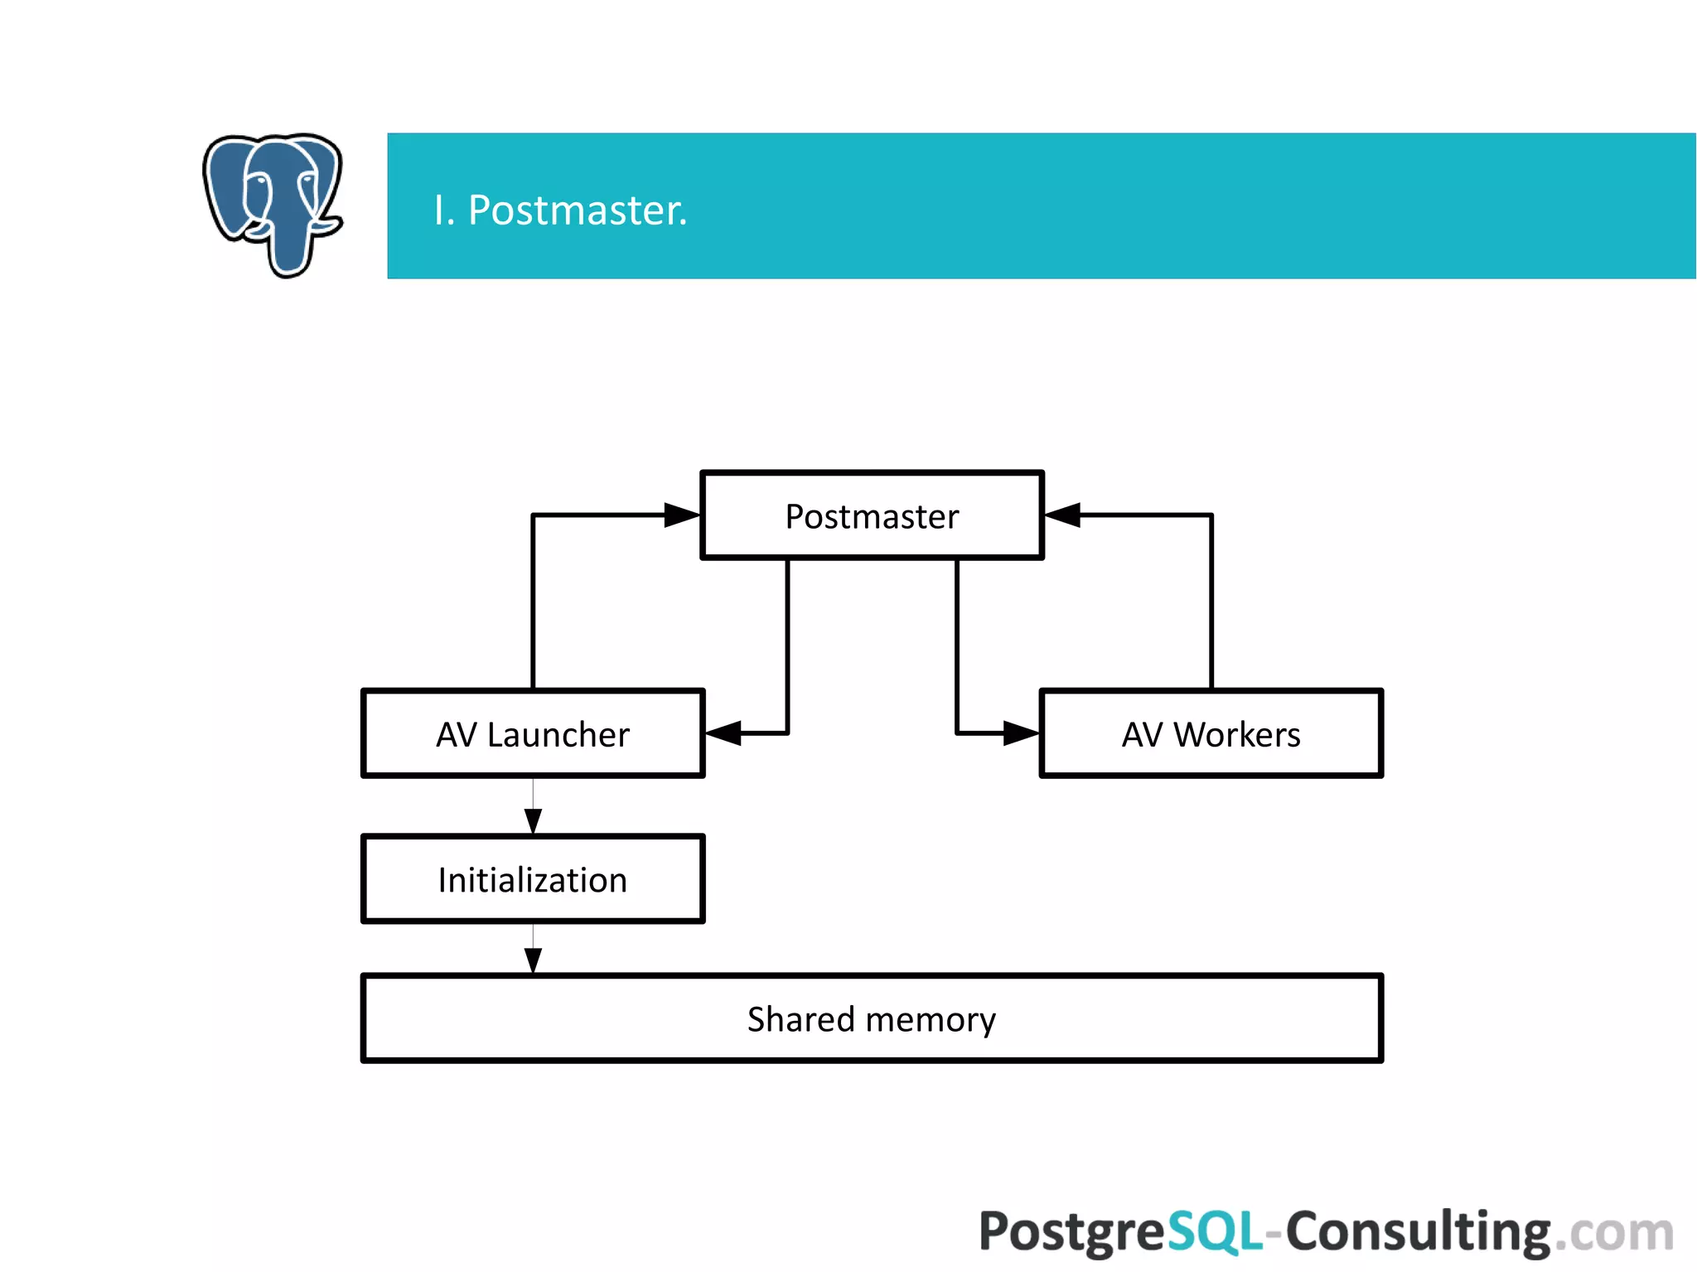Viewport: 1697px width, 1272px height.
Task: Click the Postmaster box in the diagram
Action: click(x=872, y=515)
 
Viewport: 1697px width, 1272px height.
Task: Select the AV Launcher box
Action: click(x=533, y=733)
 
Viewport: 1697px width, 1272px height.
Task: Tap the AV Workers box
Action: click(x=1211, y=733)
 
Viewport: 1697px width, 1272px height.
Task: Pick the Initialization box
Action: click(x=533, y=879)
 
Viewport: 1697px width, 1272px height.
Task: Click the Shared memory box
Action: click(x=872, y=1018)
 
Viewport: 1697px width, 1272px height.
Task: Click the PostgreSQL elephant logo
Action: click(x=273, y=203)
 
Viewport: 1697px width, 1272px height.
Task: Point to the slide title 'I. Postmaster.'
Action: click(x=560, y=210)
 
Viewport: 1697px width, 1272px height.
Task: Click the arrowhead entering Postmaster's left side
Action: click(x=683, y=515)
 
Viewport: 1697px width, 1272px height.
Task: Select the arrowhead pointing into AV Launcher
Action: click(x=723, y=733)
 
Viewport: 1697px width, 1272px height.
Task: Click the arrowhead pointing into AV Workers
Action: click(x=1021, y=733)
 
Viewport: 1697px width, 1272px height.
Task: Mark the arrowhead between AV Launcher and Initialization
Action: click(x=533, y=821)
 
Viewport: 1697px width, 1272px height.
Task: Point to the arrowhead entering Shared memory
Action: click(x=533, y=960)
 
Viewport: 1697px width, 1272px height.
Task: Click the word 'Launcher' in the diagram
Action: click(x=558, y=734)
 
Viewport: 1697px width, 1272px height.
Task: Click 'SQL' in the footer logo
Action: click(x=1215, y=1231)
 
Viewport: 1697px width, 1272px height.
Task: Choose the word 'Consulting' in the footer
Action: click(x=1417, y=1232)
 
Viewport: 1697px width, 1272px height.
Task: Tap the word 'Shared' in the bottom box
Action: click(x=800, y=1018)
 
